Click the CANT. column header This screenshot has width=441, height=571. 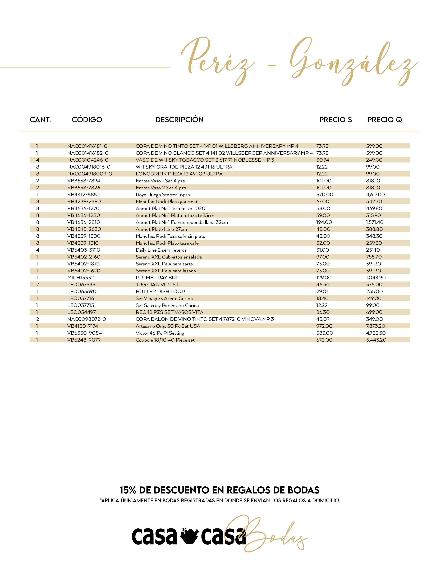(x=40, y=120)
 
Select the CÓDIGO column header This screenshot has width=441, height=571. (x=87, y=120)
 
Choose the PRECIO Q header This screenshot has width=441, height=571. (x=384, y=120)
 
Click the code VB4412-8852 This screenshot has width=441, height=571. (x=83, y=194)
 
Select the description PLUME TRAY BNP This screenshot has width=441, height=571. (x=158, y=278)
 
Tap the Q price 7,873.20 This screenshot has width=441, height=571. (x=375, y=326)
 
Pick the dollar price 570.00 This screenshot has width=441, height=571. (x=324, y=194)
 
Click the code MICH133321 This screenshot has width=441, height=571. (x=81, y=278)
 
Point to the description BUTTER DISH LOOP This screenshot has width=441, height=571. (x=160, y=292)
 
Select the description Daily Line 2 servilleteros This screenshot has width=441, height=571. (x=161, y=250)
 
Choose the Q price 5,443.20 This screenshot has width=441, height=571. (x=376, y=340)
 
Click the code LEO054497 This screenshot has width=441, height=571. (x=81, y=312)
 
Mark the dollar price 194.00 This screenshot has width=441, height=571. (x=324, y=222)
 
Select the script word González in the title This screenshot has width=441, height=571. (x=353, y=63)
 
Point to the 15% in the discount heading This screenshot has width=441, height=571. (x=128, y=490)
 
